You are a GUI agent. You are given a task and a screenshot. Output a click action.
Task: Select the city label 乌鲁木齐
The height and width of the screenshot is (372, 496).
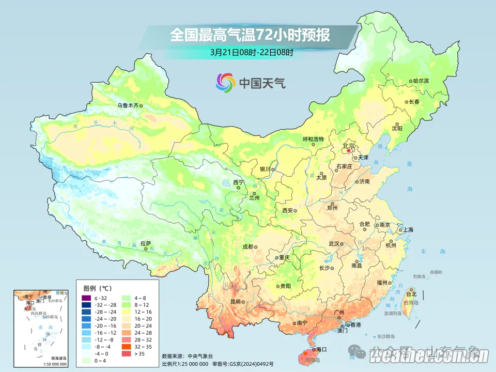pos(127,105)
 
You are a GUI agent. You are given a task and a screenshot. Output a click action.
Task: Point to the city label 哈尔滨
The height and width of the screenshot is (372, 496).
pos(421,81)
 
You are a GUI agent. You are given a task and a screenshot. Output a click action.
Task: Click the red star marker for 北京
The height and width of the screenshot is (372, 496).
pos(348,150)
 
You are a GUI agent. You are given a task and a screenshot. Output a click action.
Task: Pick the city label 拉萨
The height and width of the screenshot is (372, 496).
pos(145,243)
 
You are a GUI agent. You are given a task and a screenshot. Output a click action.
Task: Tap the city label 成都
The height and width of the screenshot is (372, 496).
pos(247,246)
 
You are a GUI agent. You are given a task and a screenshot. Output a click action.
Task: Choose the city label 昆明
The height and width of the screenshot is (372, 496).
pos(236,301)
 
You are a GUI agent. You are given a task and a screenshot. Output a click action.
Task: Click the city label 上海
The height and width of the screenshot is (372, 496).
pos(408,230)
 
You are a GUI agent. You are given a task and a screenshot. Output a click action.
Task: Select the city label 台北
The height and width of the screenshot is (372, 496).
pos(411,295)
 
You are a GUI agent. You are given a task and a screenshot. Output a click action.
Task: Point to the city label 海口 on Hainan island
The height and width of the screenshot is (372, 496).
pos(321,350)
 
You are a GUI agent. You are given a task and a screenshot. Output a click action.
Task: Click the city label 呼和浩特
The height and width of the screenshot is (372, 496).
pos(313,139)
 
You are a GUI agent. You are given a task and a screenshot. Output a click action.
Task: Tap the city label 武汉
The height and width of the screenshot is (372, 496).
pos(334,244)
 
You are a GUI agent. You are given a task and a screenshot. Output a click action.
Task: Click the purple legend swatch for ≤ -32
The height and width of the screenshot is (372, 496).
pos(86,298)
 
